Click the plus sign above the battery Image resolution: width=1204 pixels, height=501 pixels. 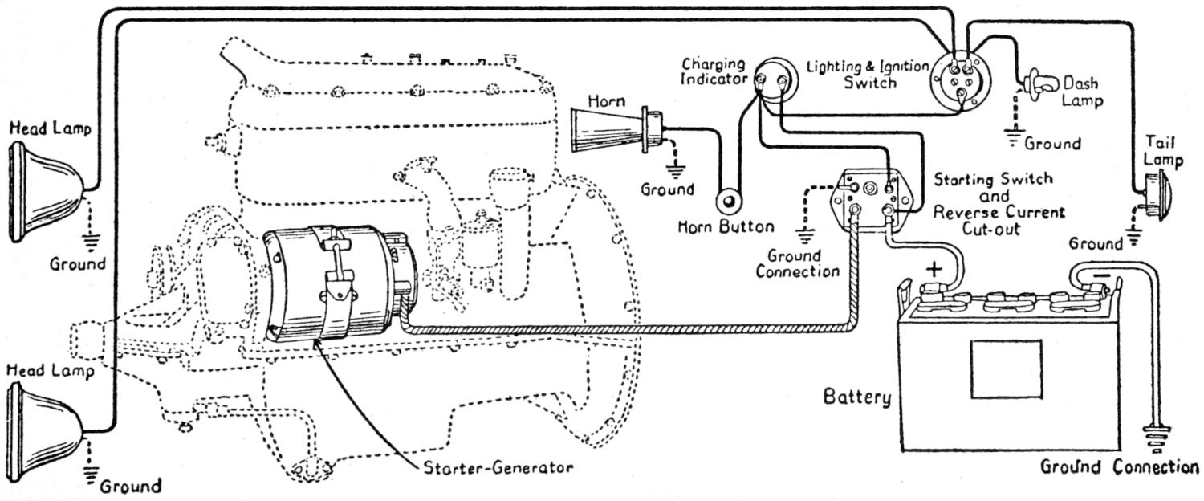point(934,269)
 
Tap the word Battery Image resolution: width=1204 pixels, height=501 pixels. point(856,397)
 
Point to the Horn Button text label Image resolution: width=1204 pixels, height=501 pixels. point(726,226)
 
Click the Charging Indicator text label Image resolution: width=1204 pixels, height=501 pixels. point(714,72)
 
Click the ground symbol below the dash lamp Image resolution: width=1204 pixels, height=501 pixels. point(1015,138)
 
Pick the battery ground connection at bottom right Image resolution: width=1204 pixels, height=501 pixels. point(1156,438)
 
